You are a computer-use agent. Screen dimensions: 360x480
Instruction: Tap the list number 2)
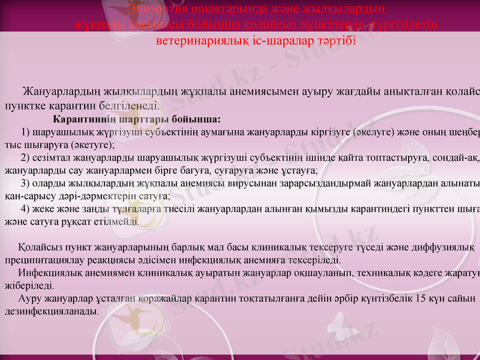click(x=26, y=158)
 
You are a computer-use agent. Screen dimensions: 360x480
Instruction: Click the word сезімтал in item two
click(x=53, y=158)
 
